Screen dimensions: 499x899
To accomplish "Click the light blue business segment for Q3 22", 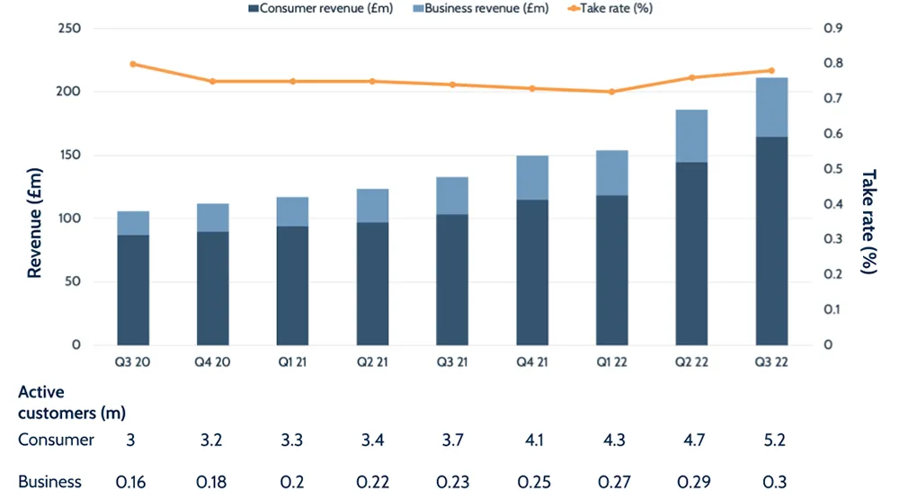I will (x=771, y=107).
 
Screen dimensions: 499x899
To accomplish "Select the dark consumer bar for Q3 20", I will (x=133, y=290).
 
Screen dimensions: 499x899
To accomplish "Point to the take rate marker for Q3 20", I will (x=133, y=64).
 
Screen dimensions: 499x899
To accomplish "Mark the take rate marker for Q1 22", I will (x=612, y=92).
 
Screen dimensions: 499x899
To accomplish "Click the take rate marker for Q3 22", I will (x=771, y=70).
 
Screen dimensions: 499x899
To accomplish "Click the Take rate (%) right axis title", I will (x=868, y=221).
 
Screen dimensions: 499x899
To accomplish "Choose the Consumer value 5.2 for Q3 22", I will (x=771, y=440).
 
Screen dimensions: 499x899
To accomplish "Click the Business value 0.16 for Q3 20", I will (x=133, y=482).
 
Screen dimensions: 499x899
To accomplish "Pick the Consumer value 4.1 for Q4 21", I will (x=532, y=440).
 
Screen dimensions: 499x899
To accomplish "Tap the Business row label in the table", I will (x=50, y=482).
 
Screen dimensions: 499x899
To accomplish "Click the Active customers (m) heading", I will (x=72, y=403).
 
